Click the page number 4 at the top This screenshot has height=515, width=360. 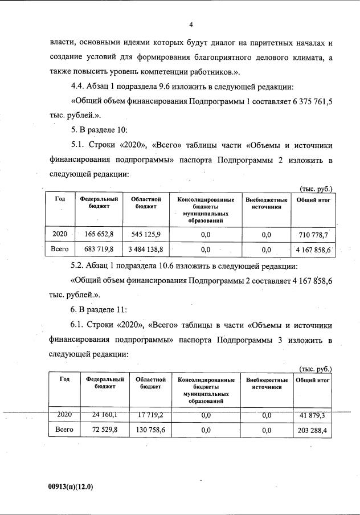(x=191, y=24)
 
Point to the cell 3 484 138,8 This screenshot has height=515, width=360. (x=145, y=249)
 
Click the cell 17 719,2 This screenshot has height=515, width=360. (x=149, y=415)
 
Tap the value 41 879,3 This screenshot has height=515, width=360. (x=312, y=415)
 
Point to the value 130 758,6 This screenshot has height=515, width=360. (x=149, y=430)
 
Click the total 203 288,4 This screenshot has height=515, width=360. (x=312, y=430)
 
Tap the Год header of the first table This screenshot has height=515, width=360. (x=59, y=199)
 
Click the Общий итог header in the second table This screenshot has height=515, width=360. (x=313, y=379)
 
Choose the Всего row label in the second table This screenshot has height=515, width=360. (x=62, y=430)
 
